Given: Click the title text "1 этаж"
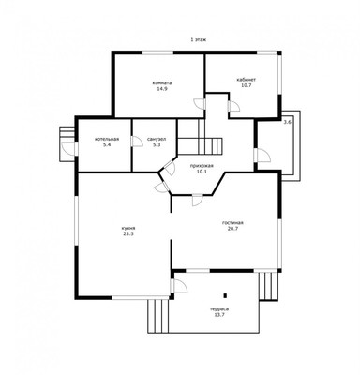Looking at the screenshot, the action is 198,39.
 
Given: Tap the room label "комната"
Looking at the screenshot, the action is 162,83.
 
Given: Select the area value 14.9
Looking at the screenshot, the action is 162,89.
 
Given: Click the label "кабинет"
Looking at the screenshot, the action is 247,80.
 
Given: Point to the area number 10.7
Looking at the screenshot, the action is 247,85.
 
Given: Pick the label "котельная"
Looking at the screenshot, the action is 107,139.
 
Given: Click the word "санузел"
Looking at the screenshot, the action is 157,139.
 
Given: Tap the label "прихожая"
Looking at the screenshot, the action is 202,166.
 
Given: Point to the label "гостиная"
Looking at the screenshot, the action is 232,223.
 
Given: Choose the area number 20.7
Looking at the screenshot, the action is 232,229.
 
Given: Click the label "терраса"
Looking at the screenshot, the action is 219,309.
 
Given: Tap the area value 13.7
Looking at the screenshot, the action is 219,315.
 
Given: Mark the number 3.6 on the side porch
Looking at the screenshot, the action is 287,123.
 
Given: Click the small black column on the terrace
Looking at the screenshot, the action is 225,295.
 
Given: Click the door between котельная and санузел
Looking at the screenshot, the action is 137,142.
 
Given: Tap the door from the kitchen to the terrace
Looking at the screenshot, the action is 178,286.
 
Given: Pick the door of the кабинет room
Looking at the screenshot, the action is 232,106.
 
